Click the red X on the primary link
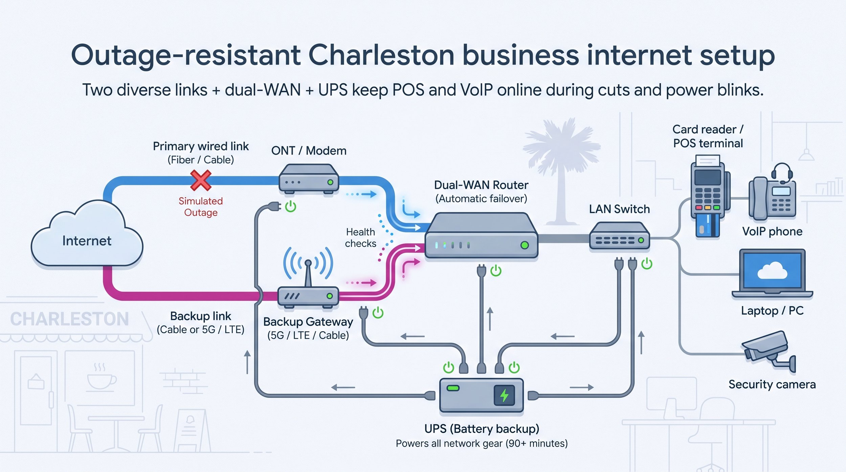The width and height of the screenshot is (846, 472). pyautogui.click(x=201, y=180)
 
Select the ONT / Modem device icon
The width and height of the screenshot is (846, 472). pyautogui.click(x=309, y=179)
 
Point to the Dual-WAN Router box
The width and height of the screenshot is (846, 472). pyautogui.click(x=481, y=235)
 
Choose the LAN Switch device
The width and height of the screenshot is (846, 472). pyautogui.click(x=619, y=236)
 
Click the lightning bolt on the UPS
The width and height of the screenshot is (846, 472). pyautogui.click(x=504, y=395)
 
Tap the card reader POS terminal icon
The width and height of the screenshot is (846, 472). pyautogui.click(x=709, y=197)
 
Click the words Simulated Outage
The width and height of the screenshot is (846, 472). pyautogui.click(x=201, y=207)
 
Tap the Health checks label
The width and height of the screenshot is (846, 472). pyautogui.click(x=360, y=238)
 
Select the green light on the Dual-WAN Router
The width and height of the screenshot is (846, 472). pyautogui.click(x=525, y=245)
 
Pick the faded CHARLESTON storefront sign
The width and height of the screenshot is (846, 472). pyautogui.click(x=69, y=319)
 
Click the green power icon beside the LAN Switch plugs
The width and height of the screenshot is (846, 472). pyautogui.click(x=647, y=263)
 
